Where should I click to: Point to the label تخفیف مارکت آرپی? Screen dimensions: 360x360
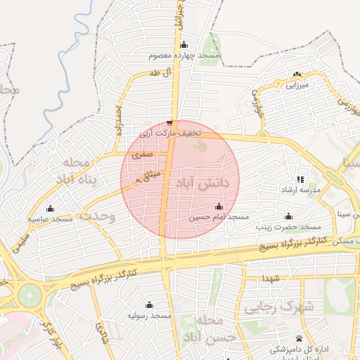(171, 132)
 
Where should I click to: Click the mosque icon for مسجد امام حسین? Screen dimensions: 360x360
(219, 206)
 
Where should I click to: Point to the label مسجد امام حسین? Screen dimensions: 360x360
(219, 218)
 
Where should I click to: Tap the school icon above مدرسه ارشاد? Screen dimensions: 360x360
(300, 179)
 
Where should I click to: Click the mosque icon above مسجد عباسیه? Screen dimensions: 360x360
(50, 208)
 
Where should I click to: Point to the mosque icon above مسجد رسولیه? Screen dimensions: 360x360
(149, 304)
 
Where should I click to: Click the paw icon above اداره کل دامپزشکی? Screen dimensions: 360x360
(300, 339)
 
